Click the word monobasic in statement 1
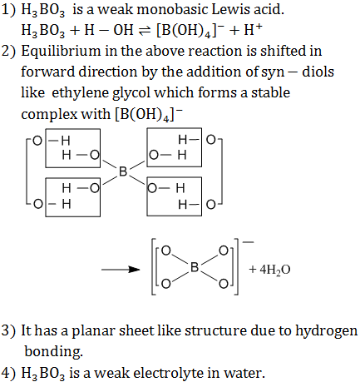[x=172, y=10]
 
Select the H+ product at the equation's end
[x=253, y=29]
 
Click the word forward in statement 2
[x=48, y=72]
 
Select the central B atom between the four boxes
[x=123, y=171]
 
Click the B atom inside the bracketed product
[x=195, y=267]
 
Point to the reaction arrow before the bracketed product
[x=121, y=270]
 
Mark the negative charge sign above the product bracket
[x=248, y=242]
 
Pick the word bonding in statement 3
[x=53, y=352]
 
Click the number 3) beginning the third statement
[x=9, y=331]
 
